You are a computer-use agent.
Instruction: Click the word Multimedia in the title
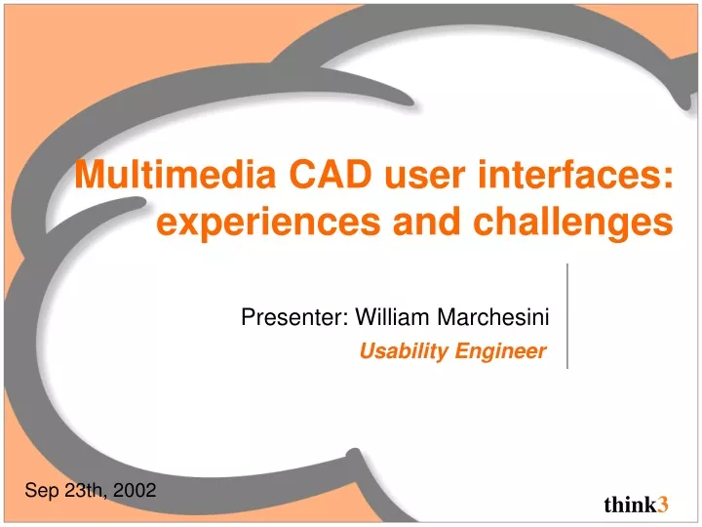click(x=175, y=174)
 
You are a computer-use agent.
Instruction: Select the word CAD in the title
click(x=331, y=174)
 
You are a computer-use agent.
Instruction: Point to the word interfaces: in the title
click(x=575, y=174)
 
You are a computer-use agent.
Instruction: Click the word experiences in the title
click(x=269, y=223)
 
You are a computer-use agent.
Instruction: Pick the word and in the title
click(x=427, y=221)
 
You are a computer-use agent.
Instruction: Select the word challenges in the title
click(x=573, y=223)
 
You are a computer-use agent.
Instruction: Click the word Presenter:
click(x=294, y=317)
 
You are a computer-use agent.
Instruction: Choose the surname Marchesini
click(x=493, y=317)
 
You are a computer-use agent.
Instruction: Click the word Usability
click(x=404, y=351)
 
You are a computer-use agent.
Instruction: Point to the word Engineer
click(x=500, y=351)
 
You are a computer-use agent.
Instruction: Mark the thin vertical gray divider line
click(x=567, y=316)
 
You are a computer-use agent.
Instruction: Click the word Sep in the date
click(x=42, y=491)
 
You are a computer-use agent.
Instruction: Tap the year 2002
click(x=135, y=490)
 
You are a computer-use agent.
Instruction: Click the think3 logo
click(x=636, y=505)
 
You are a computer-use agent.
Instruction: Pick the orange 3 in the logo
click(x=663, y=505)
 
